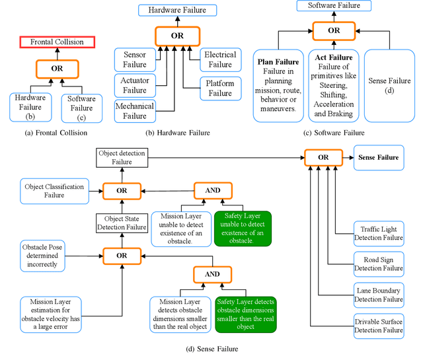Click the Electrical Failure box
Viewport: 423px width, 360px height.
pos(219,59)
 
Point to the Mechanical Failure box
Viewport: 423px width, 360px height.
pos(135,111)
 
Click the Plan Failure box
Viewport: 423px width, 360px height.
pos(278,85)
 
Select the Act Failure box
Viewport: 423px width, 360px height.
pos(334,85)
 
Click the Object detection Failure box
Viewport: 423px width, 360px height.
pos(122,158)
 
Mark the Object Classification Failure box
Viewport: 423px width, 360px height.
pos(54,191)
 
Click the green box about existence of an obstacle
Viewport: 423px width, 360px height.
pos(242,228)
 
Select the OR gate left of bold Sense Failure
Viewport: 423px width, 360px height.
pos(322,158)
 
